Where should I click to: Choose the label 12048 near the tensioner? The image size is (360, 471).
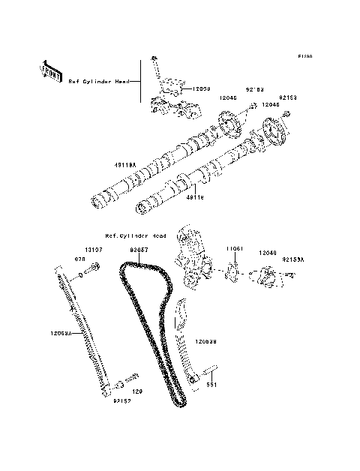[268, 253]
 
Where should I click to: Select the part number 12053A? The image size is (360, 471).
[63, 331]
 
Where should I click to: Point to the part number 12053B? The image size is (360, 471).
[207, 341]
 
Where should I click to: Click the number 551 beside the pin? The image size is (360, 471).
[211, 385]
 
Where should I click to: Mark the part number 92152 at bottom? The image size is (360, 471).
[122, 400]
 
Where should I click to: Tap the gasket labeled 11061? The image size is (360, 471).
[233, 268]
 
